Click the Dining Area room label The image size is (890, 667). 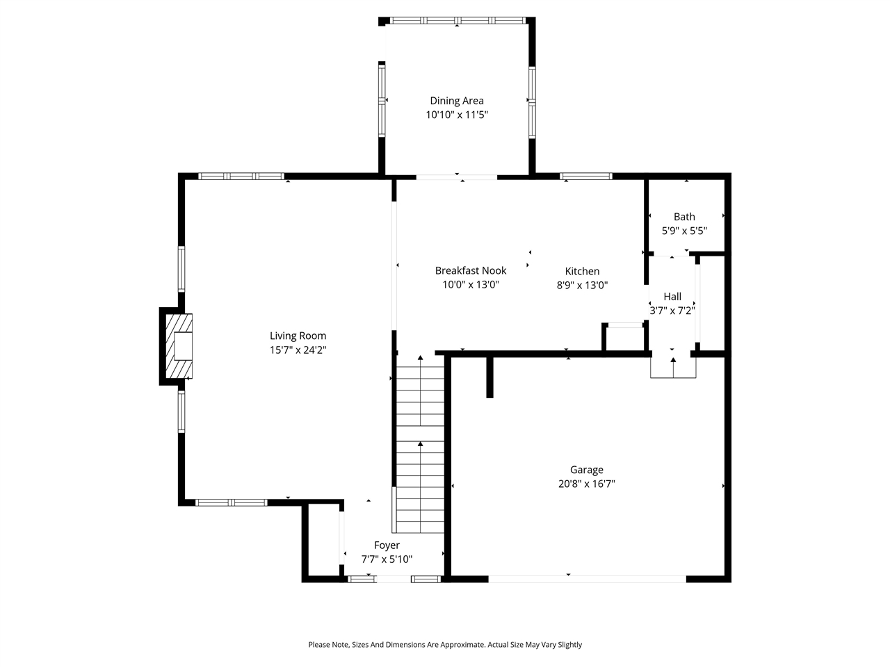[456, 101]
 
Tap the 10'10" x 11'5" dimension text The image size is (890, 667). [456, 115]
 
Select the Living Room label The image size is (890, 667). [298, 336]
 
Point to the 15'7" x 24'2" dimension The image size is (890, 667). [298, 351]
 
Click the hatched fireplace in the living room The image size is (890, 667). [177, 345]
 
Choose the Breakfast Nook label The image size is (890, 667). [470, 271]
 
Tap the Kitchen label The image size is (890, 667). [582, 272]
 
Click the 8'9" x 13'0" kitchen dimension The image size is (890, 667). [582, 285]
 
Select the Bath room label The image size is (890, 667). [684, 217]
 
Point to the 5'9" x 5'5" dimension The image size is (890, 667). [684, 231]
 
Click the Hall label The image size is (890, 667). [672, 297]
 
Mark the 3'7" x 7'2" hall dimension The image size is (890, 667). [672, 311]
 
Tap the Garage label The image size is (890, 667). [586, 470]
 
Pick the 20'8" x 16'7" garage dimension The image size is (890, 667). [586, 484]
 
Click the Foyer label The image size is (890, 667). [387, 545]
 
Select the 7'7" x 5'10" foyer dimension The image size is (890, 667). [387, 559]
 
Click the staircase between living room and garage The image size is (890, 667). [420, 445]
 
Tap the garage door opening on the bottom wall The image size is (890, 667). [587, 578]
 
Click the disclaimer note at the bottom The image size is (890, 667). [445, 645]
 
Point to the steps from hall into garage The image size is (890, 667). [673, 367]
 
